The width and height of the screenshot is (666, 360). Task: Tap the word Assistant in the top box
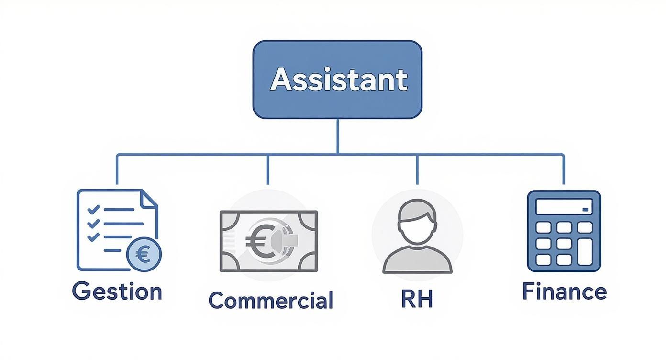(x=338, y=79)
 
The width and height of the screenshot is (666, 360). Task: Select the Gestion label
(x=117, y=291)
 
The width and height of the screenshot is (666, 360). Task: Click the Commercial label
(x=271, y=300)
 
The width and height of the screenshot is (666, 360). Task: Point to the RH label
(x=417, y=299)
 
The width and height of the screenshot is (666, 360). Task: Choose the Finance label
(x=564, y=291)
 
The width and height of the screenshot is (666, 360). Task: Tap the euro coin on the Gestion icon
(x=144, y=253)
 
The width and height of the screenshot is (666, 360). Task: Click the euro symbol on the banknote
(x=257, y=239)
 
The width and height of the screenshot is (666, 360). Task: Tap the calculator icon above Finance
(x=564, y=231)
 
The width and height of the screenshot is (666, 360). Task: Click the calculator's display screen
(x=564, y=207)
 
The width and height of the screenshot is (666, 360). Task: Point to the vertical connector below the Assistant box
(x=337, y=136)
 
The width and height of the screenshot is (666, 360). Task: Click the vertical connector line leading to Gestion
(x=117, y=169)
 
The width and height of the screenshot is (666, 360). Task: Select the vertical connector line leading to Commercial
(x=268, y=169)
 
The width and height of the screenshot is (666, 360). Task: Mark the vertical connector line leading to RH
(x=417, y=169)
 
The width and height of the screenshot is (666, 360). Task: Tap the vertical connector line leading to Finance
(x=564, y=169)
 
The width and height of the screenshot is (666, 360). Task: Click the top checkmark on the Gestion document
(x=93, y=209)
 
